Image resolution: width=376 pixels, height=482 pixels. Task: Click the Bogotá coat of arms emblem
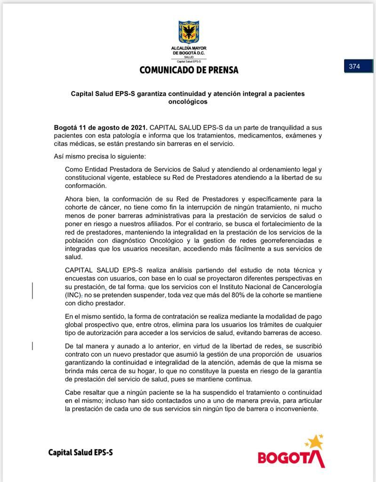[x=189, y=32]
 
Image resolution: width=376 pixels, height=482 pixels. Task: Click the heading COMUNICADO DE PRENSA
[x=189, y=70]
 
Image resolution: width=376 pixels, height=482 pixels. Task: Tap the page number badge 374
[x=354, y=66]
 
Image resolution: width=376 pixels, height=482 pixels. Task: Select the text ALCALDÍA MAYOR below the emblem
[x=189, y=48]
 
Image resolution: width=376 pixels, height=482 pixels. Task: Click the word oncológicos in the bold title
[x=188, y=102]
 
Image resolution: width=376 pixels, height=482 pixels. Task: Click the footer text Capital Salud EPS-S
[x=80, y=453]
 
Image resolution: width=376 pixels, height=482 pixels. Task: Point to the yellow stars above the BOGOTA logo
[x=314, y=442]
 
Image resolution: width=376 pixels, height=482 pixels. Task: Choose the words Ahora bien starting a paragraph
[x=81, y=199]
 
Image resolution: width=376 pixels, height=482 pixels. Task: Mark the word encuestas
[x=81, y=278]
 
